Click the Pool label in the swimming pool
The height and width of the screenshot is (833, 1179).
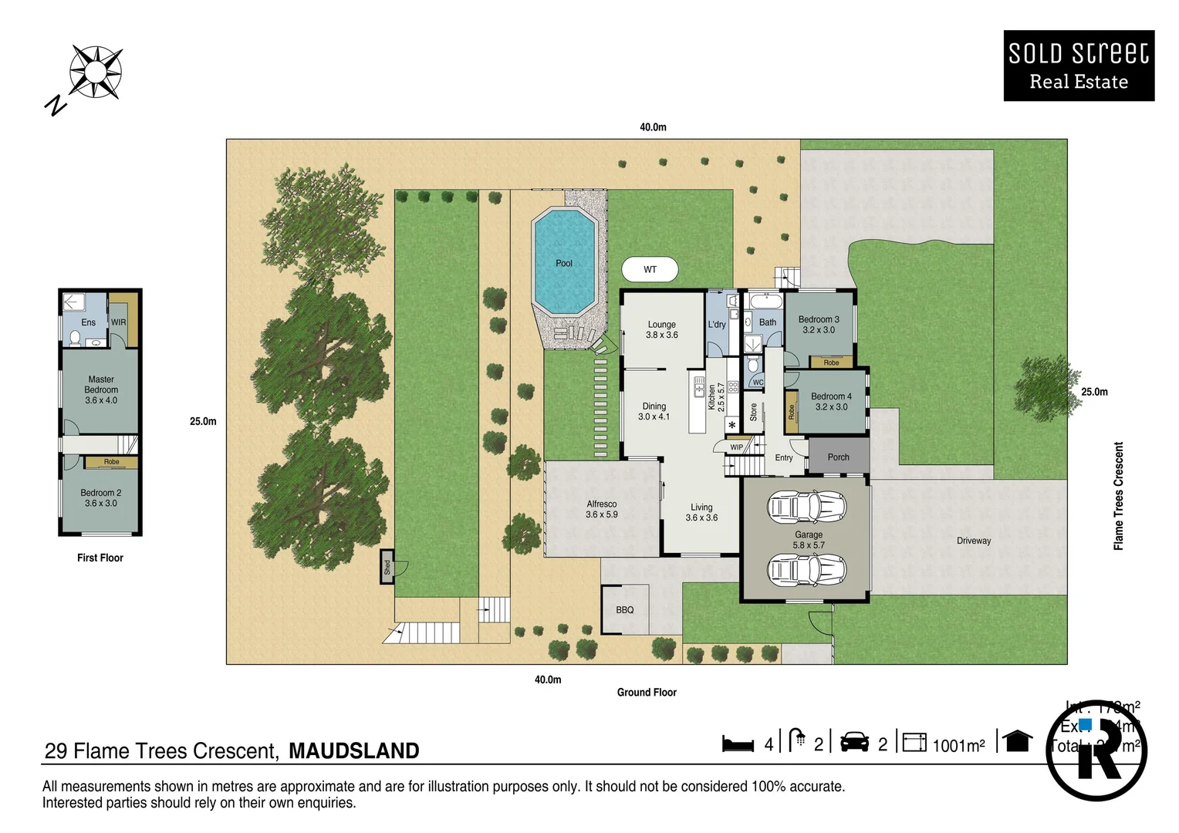point(564,264)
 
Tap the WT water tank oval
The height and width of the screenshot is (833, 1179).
point(650,270)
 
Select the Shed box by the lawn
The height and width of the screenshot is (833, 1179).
point(387,567)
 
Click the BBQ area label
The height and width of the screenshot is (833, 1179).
point(625,610)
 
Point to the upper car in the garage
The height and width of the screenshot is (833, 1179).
point(806,507)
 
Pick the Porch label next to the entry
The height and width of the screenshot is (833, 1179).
point(838,457)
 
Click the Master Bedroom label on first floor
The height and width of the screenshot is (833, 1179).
point(101,390)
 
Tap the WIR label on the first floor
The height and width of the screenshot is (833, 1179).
point(118,322)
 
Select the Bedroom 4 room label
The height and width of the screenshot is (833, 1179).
point(831,402)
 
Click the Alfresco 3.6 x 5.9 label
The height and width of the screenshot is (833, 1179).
point(602,509)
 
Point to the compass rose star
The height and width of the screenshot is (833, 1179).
point(95,73)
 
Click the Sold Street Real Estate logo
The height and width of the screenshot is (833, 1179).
point(1079,66)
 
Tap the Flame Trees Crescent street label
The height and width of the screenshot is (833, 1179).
point(1118,496)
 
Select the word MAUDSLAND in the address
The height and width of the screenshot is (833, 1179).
point(354,750)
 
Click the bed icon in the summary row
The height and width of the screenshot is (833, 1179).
point(738,744)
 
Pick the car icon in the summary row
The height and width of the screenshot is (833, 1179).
point(854,742)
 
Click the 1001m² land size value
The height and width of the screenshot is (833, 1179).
point(958,746)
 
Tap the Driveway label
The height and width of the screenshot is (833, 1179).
point(973,541)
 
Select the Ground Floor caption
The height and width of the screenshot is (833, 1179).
point(647,693)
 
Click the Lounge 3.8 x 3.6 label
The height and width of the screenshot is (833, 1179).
point(662,329)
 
